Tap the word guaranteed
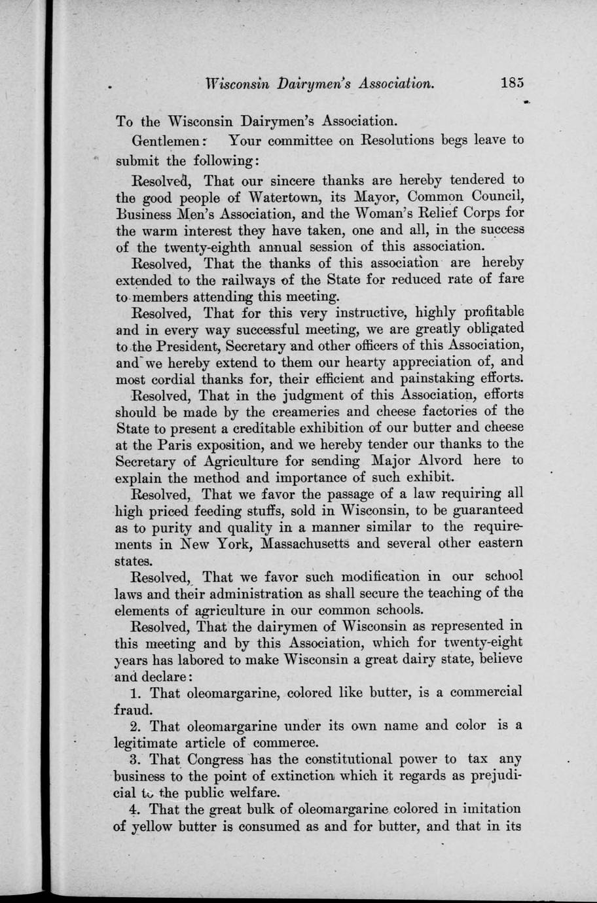pos(483,510)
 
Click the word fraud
pos(134,709)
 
